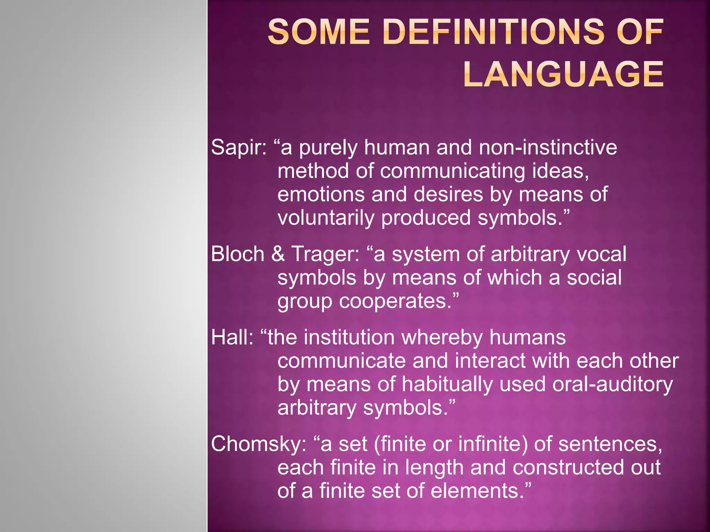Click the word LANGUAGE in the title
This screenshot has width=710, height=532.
(x=563, y=74)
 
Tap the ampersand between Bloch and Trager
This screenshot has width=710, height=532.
(x=278, y=254)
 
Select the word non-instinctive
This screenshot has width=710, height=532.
(x=548, y=147)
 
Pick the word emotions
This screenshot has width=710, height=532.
(x=321, y=194)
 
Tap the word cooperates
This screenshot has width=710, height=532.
(x=395, y=301)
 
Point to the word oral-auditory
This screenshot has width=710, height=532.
(x=612, y=384)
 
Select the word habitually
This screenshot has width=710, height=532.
(x=447, y=384)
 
